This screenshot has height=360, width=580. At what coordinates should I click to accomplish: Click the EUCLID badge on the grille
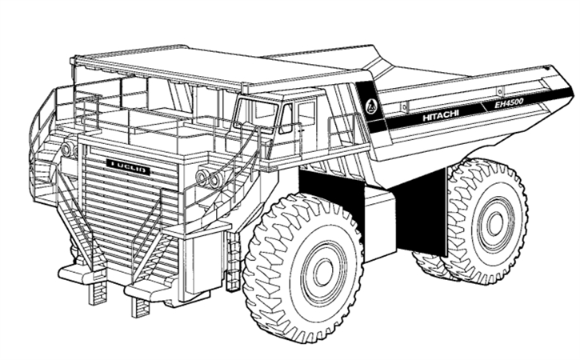coord(128,166)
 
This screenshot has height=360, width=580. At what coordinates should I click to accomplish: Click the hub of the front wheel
coord(323,272)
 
